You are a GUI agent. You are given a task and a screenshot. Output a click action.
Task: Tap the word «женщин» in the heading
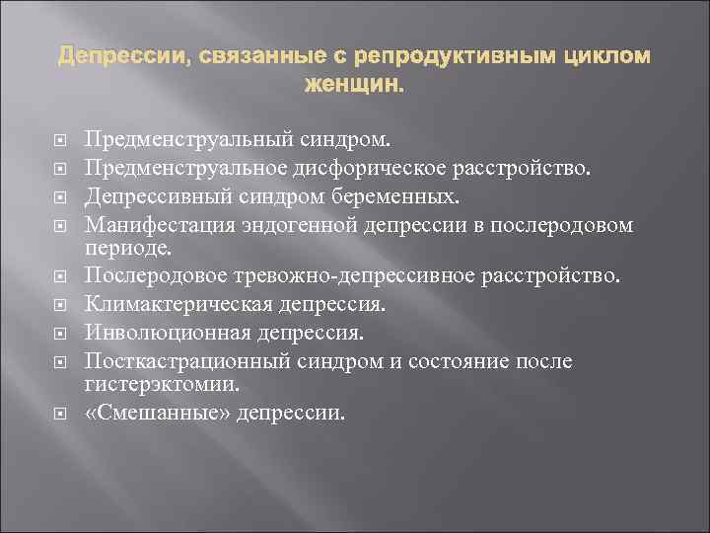point(354,86)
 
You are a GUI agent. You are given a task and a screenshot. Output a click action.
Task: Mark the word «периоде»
point(127,245)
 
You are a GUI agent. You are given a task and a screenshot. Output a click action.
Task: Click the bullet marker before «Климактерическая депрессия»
point(67,303)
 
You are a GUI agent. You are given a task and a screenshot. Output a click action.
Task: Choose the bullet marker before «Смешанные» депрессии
point(67,412)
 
